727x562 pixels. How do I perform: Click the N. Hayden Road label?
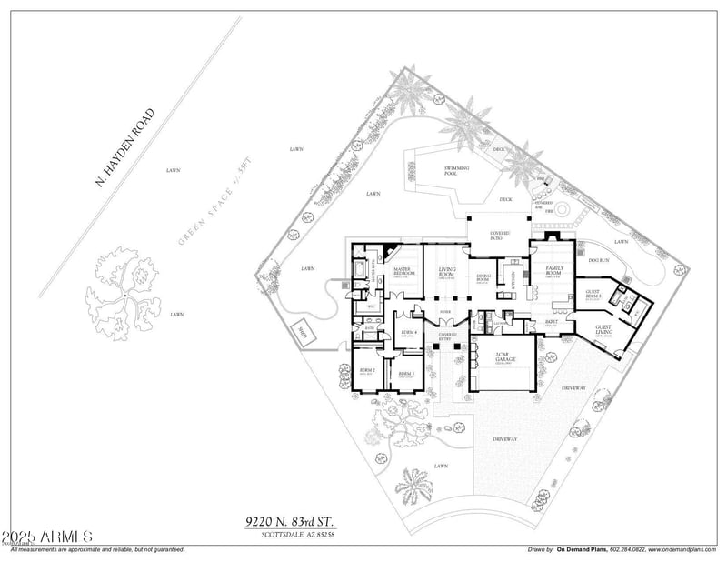[126, 148]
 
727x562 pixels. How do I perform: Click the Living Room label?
[447, 270]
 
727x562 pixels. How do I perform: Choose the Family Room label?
[553, 269]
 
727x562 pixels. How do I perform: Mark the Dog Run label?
[597, 261]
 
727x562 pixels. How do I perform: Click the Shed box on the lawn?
[302, 335]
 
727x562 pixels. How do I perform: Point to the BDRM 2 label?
[367, 372]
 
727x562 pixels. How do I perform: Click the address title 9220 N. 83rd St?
[290, 522]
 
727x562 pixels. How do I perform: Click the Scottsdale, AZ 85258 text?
[290, 535]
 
